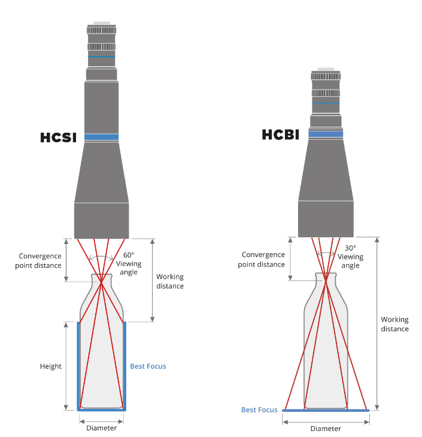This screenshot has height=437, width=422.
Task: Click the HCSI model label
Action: (59, 137)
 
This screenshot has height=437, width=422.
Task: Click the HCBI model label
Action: (280, 135)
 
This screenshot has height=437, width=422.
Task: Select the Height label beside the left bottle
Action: (51, 366)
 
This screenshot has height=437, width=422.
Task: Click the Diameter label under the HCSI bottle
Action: (101, 428)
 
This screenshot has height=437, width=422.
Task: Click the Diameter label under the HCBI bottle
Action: (326, 429)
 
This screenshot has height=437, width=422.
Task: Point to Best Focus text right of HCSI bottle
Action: (148, 366)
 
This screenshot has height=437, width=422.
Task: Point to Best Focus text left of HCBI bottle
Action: (259, 410)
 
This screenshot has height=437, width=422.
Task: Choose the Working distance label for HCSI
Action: (170, 281)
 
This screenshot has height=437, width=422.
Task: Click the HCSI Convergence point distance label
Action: (40, 259)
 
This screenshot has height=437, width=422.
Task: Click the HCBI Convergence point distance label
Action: (262, 259)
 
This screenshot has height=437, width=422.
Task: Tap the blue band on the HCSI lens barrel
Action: (101, 137)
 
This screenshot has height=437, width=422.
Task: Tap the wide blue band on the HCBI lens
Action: (326, 135)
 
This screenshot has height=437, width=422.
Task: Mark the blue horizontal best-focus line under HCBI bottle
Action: (326, 411)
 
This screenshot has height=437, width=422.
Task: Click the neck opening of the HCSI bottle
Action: (101, 276)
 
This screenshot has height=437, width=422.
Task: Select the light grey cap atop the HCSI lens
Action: (101, 24)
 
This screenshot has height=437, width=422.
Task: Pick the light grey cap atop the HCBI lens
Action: (326, 70)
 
